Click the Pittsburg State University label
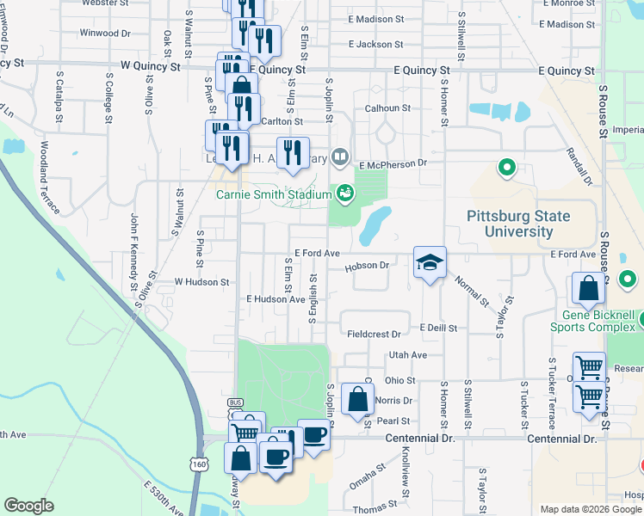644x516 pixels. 519,224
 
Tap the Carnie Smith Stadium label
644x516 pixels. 274,195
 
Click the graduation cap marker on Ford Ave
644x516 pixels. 430,262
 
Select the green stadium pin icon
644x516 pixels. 345,192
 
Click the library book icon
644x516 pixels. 341,157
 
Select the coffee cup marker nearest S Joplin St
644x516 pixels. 313,435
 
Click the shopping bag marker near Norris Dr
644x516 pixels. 356,400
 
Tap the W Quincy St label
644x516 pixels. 152,65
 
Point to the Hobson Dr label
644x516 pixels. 368,267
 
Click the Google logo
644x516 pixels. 28,505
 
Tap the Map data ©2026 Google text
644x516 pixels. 590,509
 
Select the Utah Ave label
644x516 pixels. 408,354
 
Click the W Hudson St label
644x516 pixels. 201,281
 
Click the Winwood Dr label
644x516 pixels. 104,34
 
